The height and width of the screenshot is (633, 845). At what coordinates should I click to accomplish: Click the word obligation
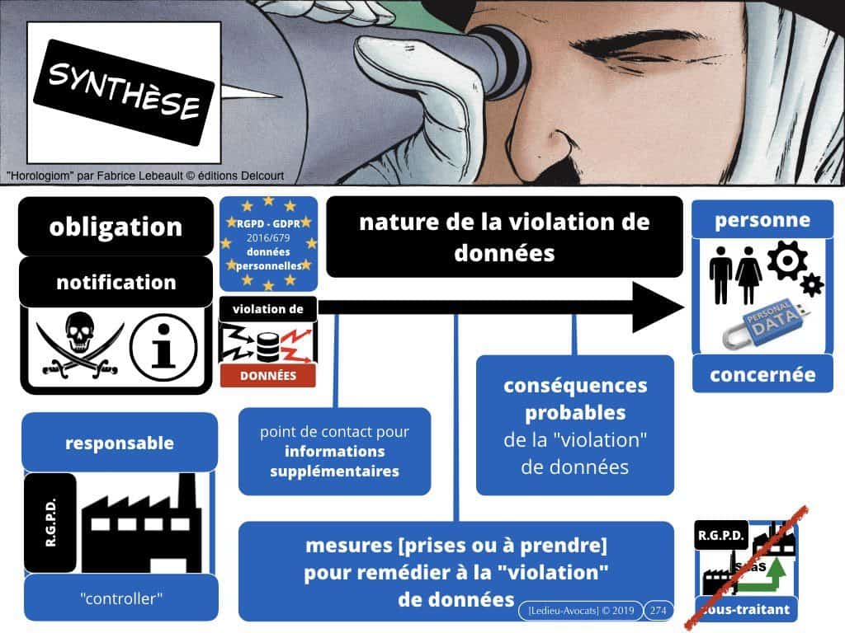click(x=116, y=227)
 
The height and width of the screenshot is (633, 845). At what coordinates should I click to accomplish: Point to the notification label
click(x=116, y=282)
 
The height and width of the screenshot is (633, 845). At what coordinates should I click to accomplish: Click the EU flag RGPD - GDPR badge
click(x=268, y=243)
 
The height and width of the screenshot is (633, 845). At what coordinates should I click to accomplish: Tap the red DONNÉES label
click(x=268, y=375)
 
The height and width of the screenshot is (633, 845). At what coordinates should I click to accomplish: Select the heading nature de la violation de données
click(x=504, y=237)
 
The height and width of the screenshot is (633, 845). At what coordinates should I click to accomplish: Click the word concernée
click(x=762, y=375)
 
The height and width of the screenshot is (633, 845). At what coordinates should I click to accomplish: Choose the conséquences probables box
click(x=574, y=425)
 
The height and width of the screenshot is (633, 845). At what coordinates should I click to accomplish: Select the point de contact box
click(x=334, y=451)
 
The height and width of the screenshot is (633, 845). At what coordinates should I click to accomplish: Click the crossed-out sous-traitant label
click(x=748, y=610)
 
